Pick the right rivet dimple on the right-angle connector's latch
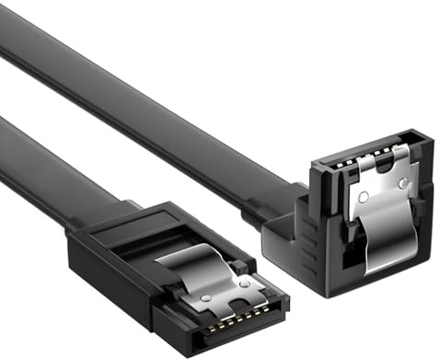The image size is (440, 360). [402, 183]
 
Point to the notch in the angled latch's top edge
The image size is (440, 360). [379, 165]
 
